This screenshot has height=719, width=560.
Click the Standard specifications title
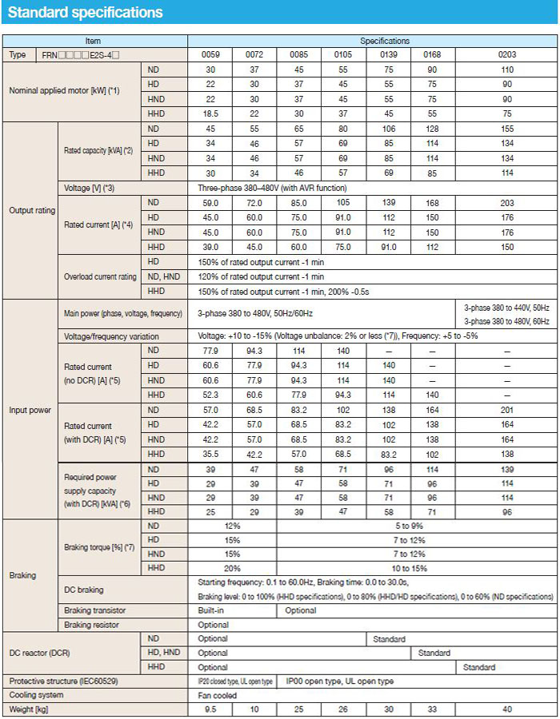pyautogui.click(x=85, y=13)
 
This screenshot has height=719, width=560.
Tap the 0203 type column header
pyautogui.click(x=507, y=54)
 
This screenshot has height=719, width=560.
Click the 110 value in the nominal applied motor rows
pyautogui.click(x=507, y=70)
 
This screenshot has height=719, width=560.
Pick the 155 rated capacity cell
pyautogui.click(x=507, y=129)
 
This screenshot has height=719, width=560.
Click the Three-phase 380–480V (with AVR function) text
pyautogui.click(x=272, y=188)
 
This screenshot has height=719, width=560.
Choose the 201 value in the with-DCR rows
pyautogui.click(x=507, y=410)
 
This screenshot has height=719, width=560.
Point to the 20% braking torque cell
pyautogui.click(x=232, y=568)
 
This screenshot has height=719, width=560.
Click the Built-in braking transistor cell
pyautogui.click(x=212, y=610)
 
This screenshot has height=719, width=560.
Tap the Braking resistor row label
pyautogui.click(x=90, y=625)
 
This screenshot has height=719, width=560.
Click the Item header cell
pyautogui.click(x=94, y=40)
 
